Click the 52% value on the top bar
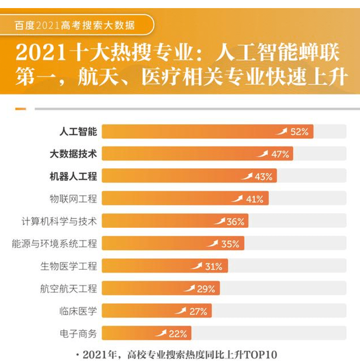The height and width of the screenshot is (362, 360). (x=299, y=132)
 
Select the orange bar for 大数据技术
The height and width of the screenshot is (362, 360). (x=182, y=154)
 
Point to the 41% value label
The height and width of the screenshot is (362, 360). (x=255, y=199)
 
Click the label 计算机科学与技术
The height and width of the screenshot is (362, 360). (x=59, y=221)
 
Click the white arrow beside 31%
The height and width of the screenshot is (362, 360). (x=197, y=266)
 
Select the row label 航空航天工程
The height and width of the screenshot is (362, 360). (x=69, y=288)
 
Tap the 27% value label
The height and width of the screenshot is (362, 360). (x=198, y=311)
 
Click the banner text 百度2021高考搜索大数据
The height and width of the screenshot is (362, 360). (x=75, y=25)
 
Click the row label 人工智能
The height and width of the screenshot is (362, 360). (x=78, y=132)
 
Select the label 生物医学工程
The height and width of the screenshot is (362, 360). (x=69, y=266)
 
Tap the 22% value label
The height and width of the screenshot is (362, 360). (x=178, y=334)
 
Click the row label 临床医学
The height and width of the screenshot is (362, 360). (x=78, y=311)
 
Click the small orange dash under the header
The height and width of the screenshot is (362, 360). (x=21, y=109)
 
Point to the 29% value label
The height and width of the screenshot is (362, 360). (x=206, y=288)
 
